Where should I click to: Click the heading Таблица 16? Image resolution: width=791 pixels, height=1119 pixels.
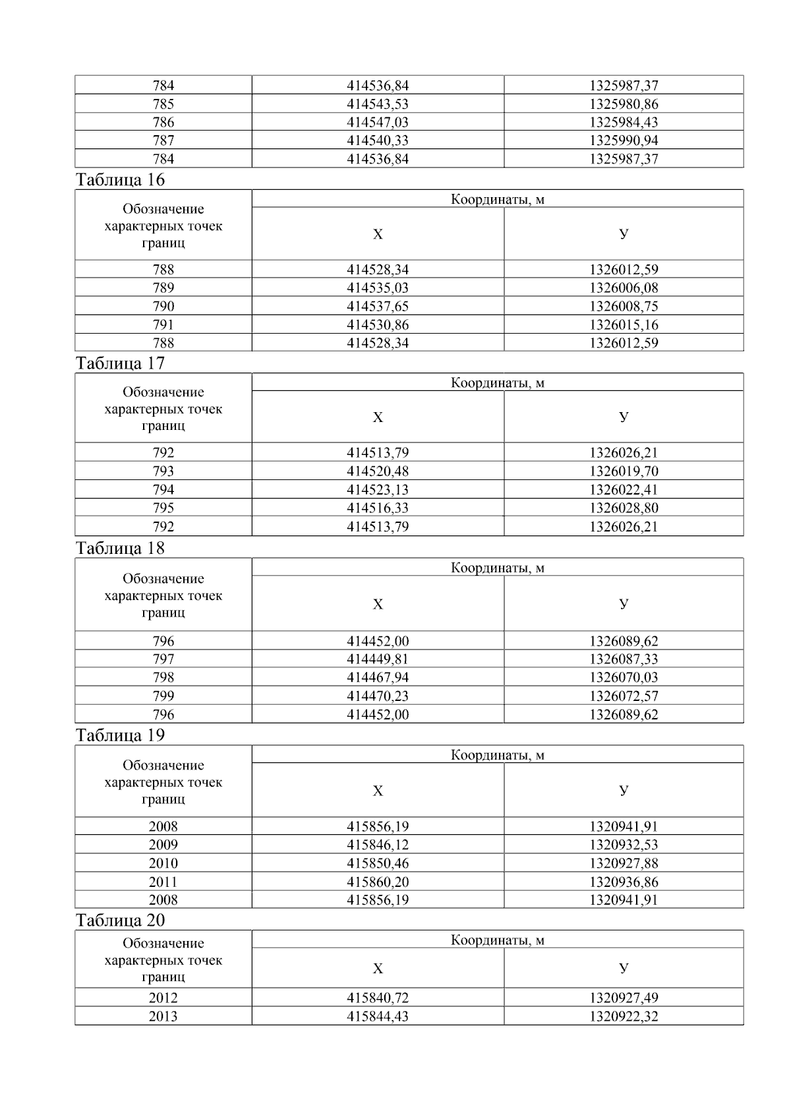[x=121, y=180]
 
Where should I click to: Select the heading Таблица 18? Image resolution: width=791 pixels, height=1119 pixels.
[x=121, y=549]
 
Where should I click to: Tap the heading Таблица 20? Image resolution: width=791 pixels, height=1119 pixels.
[x=121, y=921]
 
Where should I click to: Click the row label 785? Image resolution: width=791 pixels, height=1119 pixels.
[x=163, y=104]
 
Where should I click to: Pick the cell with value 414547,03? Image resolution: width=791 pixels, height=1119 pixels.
[x=378, y=123]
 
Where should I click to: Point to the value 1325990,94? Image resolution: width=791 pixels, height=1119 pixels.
[x=624, y=140]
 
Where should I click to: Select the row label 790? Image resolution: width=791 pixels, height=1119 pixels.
[x=163, y=307]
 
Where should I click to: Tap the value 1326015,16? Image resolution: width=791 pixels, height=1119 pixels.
[x=624, y=325]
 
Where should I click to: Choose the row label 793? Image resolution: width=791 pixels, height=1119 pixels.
[x=163, y=471]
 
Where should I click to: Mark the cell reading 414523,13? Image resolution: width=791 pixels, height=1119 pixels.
[x=378, y=490]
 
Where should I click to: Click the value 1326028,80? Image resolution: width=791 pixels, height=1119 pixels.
[x=624, y=508]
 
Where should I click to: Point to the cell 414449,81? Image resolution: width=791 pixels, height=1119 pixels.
[x=378, y=659]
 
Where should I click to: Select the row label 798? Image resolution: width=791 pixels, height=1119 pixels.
[x=163, y=678]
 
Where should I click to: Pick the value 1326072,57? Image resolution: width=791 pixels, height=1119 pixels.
[x=624, y=696]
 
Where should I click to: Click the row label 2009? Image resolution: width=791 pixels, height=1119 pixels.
[x=163, y=845]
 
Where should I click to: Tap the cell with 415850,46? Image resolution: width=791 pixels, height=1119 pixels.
[x=378, y=864]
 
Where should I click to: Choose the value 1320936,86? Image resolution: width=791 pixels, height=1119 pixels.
[x=624, y=882]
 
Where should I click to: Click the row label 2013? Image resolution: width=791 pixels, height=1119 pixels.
[x=163, y=1017]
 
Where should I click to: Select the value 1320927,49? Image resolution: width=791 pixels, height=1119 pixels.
[x=624, y=998]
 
